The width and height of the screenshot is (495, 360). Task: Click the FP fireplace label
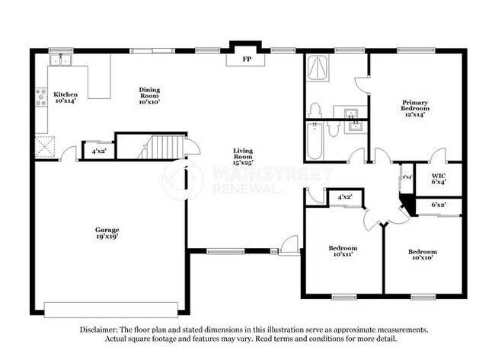pyautogui.click(x=246, y=59)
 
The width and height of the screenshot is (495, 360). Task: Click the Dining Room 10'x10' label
pyautogui.click(x=148, y=94)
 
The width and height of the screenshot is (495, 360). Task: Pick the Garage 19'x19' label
pyautogui.click(x=107, y=233)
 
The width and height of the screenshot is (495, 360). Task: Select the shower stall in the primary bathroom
pyautogui.click(x=318, y=69)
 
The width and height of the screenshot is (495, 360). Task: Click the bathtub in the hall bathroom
pyautogui.click(x=314, y=140)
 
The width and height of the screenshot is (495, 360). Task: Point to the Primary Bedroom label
pyautogui.click(x=415, y=107)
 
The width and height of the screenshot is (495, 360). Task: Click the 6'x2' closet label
pyautogui.click(x=439, y=205)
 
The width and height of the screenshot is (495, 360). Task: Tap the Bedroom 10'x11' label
pyautogui.click(x=343, y=252)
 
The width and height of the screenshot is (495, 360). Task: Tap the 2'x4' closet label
pyautogui.click(x=407, y=177)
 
